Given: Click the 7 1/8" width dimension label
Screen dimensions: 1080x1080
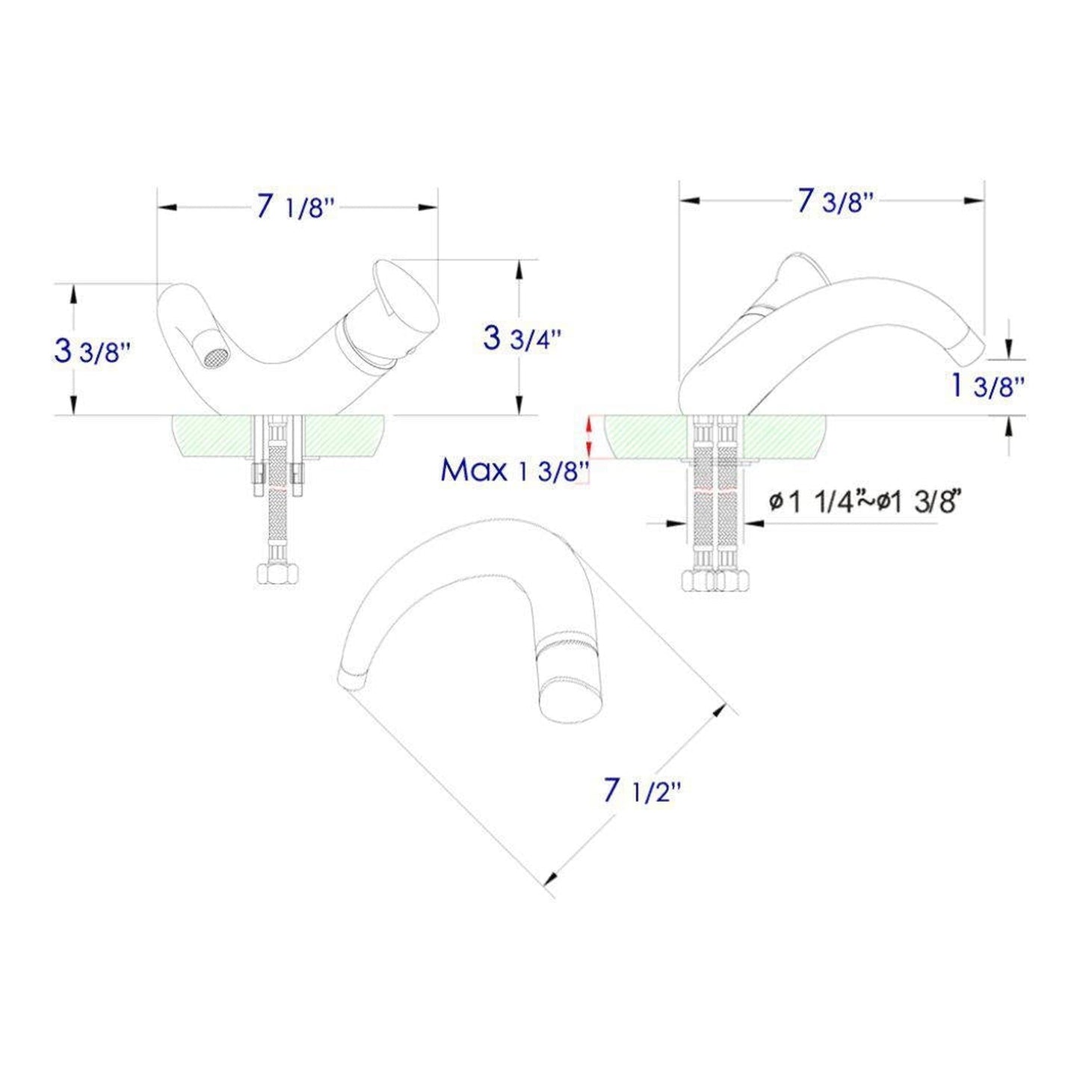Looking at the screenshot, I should (x=293, y=207).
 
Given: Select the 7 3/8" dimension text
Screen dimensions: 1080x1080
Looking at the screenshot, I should (x=835, y=201).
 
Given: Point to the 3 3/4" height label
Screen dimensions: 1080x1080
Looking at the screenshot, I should (x=521, y=338).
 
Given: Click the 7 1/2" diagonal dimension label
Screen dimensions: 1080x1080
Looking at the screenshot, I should (x=642, y=791).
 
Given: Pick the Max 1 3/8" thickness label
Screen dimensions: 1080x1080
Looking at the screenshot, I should (x=515, y=470).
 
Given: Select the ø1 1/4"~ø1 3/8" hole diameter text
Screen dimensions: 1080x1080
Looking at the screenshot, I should (x=863, y=502).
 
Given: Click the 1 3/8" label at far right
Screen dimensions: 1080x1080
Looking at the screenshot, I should (x=987, y=386).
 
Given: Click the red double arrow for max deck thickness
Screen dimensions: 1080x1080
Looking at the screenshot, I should (x=589, y=437).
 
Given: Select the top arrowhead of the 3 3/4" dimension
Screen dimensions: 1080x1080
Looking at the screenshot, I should (x=518, y=269).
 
